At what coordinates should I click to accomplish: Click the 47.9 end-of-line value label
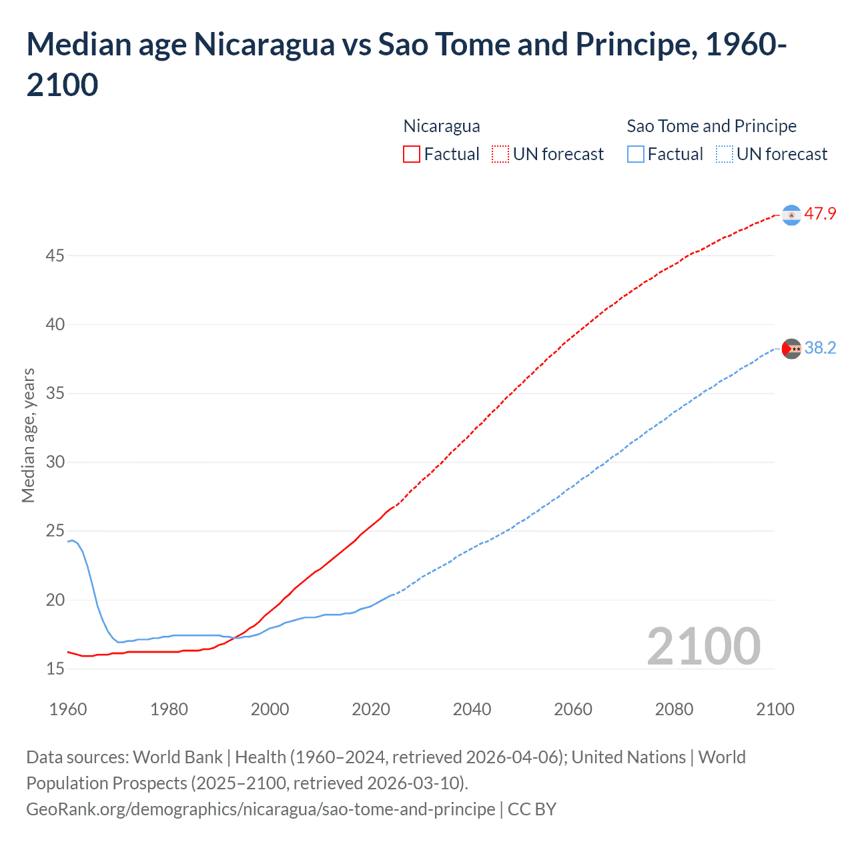click(820, 213)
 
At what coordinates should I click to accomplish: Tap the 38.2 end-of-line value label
click(820, 348)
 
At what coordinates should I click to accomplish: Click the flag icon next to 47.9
click(791, 215)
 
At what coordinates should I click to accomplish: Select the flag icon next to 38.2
click(792, 348)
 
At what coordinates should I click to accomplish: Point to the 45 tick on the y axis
click(55, 256)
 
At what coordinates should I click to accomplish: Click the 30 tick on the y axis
click(55, 462)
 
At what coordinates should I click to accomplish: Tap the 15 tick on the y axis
click(55, 669)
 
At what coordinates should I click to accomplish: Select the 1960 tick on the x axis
click(68, 709)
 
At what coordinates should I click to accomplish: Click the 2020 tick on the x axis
click(371, 709)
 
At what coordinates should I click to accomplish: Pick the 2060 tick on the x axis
click(573, 709)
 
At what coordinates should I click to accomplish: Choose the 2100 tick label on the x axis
click(775, 709)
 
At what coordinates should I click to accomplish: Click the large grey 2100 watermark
click(704, 646)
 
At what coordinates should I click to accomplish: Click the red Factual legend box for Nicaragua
click(412, 154)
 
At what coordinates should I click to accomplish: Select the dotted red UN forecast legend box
click(500, 154)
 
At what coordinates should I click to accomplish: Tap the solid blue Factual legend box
click(636, 154)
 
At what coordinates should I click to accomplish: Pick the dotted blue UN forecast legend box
click(724, 154)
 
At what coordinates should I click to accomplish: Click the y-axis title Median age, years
click(28, 435)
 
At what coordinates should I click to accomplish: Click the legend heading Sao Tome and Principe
click(711, 126)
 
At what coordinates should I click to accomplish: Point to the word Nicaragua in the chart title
click(264, 45)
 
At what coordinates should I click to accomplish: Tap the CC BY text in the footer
click(532, 809)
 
